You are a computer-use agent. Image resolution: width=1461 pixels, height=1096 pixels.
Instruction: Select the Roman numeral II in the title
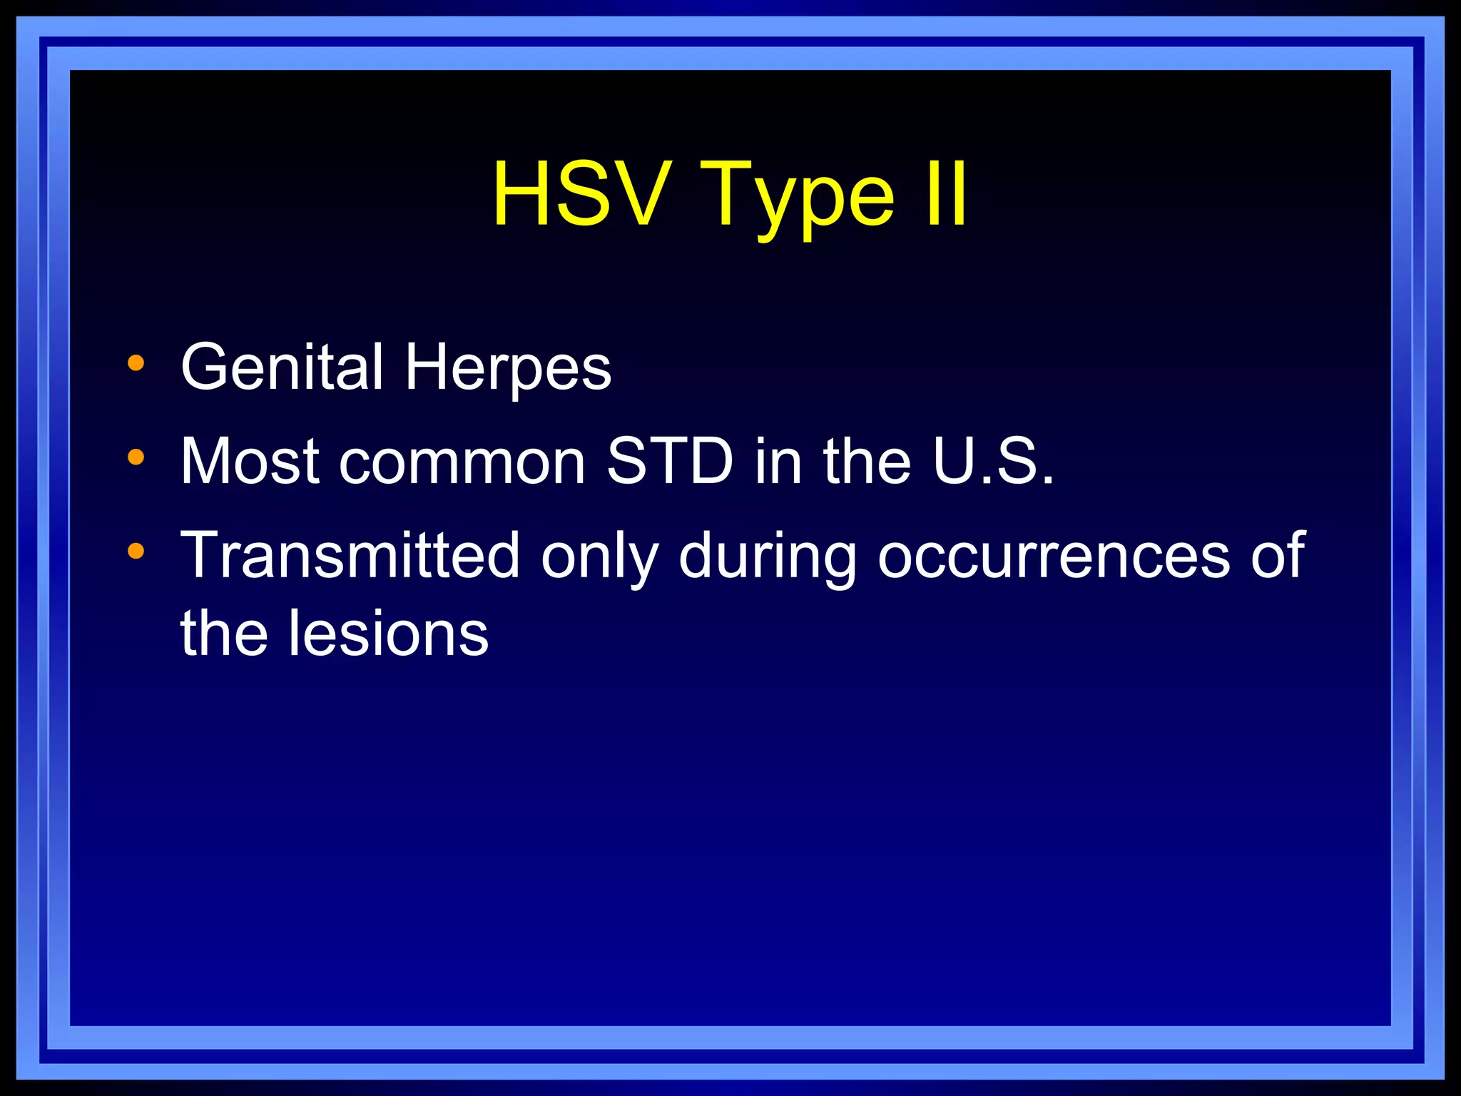(946, 194)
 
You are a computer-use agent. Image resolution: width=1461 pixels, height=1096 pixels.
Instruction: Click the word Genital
(282, 367)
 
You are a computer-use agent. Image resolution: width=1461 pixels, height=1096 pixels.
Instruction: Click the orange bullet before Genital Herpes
(136, 364)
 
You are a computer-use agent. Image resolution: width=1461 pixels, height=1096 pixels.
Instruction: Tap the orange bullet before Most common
(136, 457)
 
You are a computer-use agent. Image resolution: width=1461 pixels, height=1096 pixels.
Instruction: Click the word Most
(250, 461)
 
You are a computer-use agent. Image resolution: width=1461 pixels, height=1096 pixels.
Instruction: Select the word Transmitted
(350, 555)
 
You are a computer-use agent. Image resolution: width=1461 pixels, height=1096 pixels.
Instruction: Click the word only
(599, 557)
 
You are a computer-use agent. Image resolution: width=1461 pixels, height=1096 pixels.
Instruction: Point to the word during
(767, 557)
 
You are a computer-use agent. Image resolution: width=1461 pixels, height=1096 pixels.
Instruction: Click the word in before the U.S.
(778, 461)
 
